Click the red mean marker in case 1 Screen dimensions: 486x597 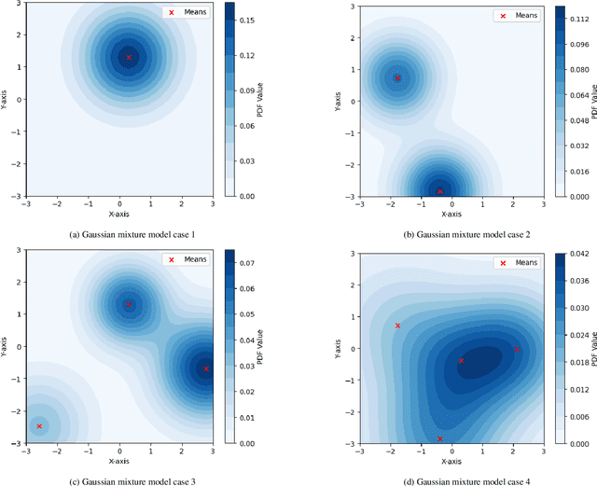[x=129, y=57]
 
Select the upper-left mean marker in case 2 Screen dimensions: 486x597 [x=397, y=78]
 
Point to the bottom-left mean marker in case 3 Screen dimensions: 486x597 [x=39, y=426]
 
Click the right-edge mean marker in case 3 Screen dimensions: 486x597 [x=207, y=369]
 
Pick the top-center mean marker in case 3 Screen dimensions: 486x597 [x=129, y=304]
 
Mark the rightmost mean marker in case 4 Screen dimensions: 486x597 [x=518, y=350]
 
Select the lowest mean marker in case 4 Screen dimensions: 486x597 [x=440, y=438]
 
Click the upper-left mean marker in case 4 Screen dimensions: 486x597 [x=397, y=326]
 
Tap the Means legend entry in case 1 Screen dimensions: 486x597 [x=187, y=13]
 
